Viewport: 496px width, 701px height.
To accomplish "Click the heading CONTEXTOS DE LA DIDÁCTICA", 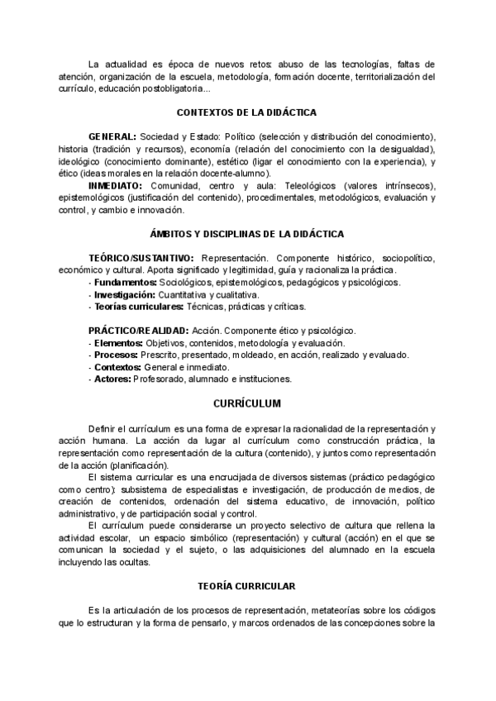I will coord(247,112).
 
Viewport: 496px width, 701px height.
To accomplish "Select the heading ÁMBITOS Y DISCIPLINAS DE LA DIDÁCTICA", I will coord(247,234).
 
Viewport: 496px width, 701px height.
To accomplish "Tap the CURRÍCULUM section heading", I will coord(247,403).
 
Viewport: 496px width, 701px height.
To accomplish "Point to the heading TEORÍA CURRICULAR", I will coord(247,585).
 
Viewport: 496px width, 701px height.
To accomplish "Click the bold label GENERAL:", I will coord(112,136).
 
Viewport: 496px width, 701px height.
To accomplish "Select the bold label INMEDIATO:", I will coord(117,186).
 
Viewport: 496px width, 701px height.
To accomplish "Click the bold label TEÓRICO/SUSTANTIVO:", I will coord(141,258).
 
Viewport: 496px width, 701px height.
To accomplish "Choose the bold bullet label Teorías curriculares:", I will coord(138,306).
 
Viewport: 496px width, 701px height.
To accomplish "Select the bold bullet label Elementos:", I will coord(118,343).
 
